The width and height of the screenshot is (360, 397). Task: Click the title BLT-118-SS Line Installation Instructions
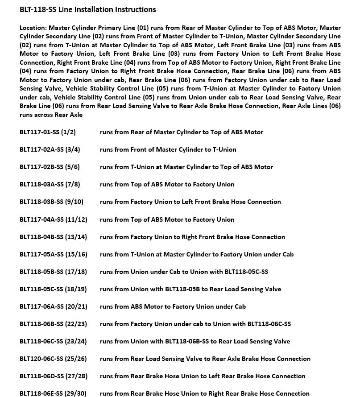87,9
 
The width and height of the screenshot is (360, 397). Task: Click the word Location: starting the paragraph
33,28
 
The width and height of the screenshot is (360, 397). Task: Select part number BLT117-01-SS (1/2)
48,132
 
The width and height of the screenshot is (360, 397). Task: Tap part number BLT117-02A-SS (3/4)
50,149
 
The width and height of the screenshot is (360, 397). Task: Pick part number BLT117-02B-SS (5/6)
50,167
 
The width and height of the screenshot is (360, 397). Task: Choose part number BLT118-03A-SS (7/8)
50,184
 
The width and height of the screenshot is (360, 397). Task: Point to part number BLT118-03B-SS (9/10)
51,202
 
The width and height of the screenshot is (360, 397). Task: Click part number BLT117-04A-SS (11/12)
54,219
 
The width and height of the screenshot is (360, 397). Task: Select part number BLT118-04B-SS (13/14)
54,237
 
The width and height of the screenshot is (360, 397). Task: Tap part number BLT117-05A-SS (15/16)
54,254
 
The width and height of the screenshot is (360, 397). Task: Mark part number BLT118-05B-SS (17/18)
54,272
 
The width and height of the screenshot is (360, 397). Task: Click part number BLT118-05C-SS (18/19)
53,289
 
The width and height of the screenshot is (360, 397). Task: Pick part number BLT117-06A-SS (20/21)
54,306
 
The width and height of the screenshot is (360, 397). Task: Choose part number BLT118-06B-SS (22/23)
54,324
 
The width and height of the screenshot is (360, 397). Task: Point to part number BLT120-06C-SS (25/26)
53,359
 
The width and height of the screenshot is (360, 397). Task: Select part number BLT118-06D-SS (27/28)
54,376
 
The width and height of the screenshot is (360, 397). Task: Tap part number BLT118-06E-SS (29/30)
53,393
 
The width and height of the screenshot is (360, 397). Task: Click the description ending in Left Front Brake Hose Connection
190,202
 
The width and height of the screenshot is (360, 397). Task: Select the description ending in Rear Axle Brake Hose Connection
205,359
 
